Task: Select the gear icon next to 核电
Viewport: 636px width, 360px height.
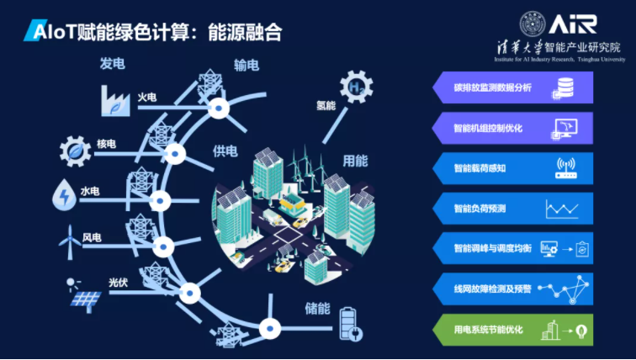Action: (x=76, y=151)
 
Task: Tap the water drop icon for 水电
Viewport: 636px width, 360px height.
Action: (x=63, y=194)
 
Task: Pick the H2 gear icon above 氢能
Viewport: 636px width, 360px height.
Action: (x=355, y=87)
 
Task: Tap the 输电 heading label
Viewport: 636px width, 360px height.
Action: (x=246, y=66)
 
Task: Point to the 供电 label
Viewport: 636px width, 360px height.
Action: (x=225, y=151)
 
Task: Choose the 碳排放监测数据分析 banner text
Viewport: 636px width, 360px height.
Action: (x=493, y=87)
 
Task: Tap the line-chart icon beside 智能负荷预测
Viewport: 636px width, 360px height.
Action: (x=560, y=209)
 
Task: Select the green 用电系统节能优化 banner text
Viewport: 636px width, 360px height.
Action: (x=489, y=330)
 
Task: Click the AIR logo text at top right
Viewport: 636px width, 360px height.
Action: (x=575, y=23)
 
